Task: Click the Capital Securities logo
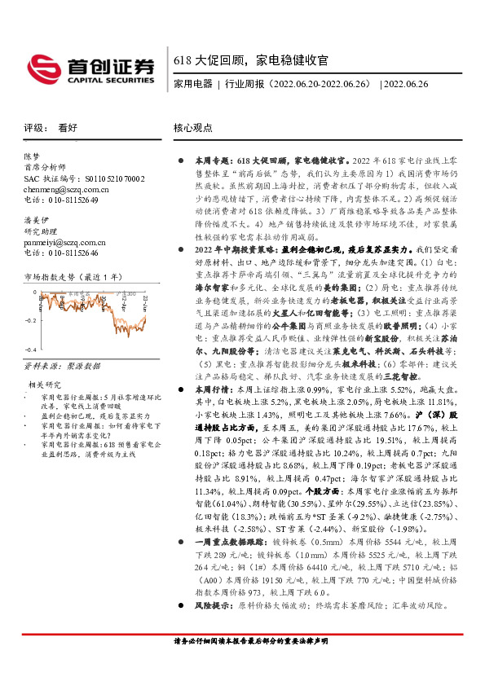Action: coord(90,68)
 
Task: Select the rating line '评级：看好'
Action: coord(51,128)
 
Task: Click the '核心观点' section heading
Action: coord(193,128)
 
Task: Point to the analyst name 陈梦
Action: coord(30,156)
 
